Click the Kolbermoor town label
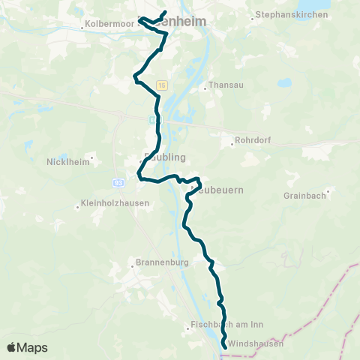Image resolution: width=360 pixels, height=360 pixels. point(112,25)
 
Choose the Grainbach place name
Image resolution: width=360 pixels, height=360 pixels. point(302,196)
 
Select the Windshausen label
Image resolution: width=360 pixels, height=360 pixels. point(255,343)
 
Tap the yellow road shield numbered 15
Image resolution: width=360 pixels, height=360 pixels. point(162,86)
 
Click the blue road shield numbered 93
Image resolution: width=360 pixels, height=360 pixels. point(118,182)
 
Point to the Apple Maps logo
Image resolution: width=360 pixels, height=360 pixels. point(28,347)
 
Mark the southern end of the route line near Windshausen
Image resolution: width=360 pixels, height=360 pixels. point(225,345)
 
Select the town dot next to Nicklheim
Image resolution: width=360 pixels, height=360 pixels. point(91,157)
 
